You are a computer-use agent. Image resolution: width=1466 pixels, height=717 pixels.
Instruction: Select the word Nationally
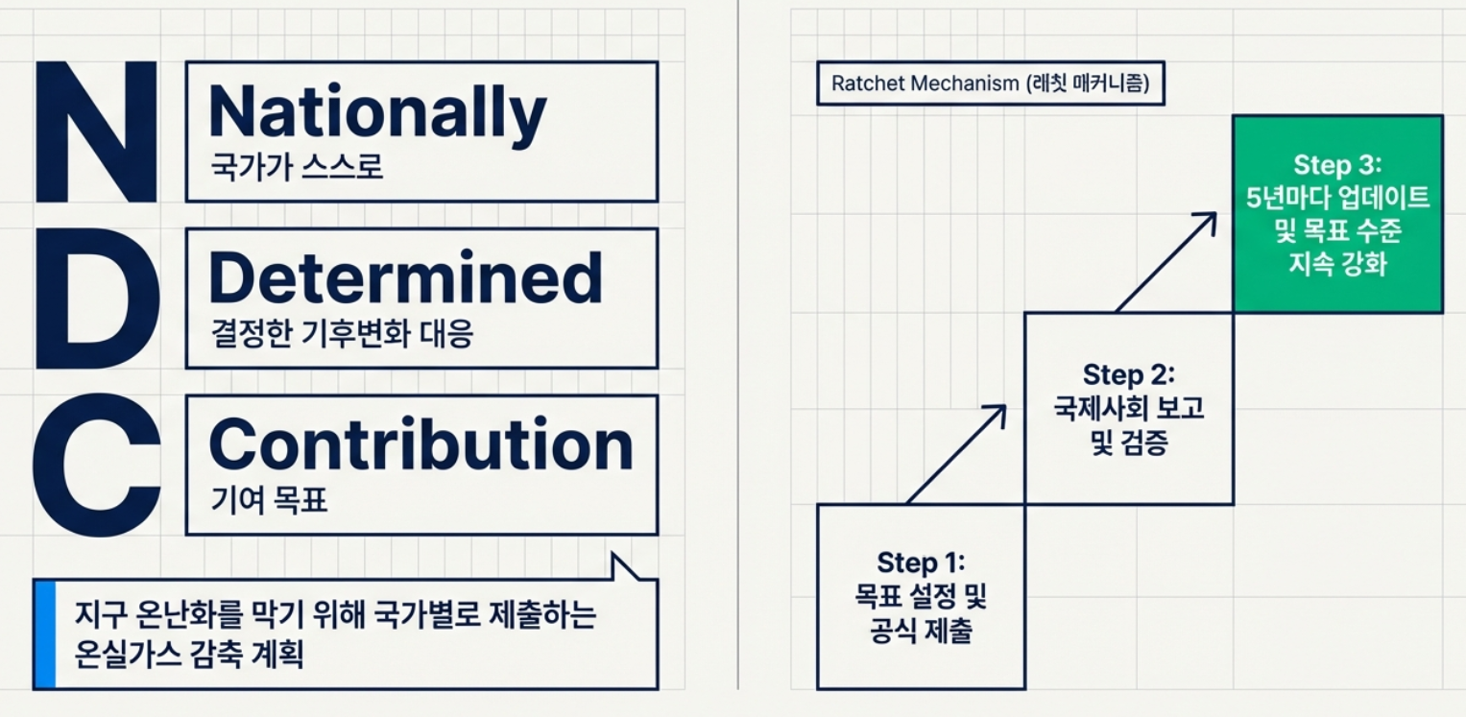(x=377, y=113)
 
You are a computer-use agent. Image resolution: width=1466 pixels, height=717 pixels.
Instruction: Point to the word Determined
(x=405, y=279)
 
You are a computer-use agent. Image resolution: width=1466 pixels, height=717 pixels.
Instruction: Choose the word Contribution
(x=421, y=445)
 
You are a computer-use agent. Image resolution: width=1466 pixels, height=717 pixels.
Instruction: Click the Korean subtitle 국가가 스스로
(x=297, y=166)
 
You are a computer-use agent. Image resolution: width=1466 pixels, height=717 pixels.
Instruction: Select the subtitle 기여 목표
(x=269, y=500)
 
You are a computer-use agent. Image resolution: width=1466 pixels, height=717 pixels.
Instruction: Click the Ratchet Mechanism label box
(x=990, y=84)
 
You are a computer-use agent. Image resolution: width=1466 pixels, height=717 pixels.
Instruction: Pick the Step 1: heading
(x=920, y=562)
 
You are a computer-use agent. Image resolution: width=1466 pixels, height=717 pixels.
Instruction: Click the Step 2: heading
(x=1128, y=374)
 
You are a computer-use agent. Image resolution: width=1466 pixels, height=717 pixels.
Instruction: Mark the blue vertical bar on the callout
(x=44, y=633)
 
